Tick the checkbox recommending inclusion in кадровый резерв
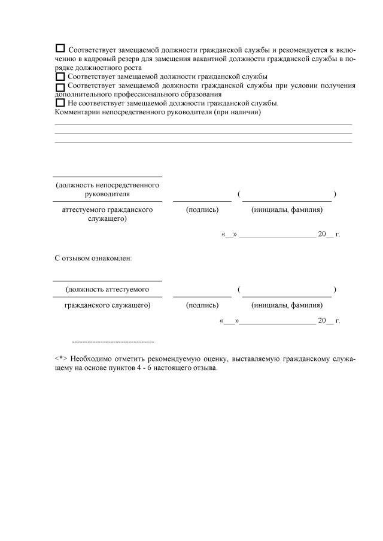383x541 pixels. (x=60, y=48)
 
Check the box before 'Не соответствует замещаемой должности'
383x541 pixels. (x=60, y=102)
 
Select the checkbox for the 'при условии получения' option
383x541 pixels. (x=60, y=87)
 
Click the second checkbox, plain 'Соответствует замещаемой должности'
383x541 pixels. (x=60, y=77)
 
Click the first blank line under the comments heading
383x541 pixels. (x=203, y=124)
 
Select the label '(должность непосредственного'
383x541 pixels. (x=107, y=185)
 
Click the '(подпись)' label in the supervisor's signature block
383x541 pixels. (x=202, y=209)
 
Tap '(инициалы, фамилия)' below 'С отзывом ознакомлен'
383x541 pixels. (x=287, y=305)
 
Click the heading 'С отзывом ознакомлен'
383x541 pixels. (x=93, y=259)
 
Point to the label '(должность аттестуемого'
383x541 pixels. (x=107, y=290)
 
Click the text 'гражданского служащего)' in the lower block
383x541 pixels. (x=107, y=305)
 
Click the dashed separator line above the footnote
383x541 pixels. (x=113, y=342)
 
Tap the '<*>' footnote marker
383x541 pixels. (x=60, y=358)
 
